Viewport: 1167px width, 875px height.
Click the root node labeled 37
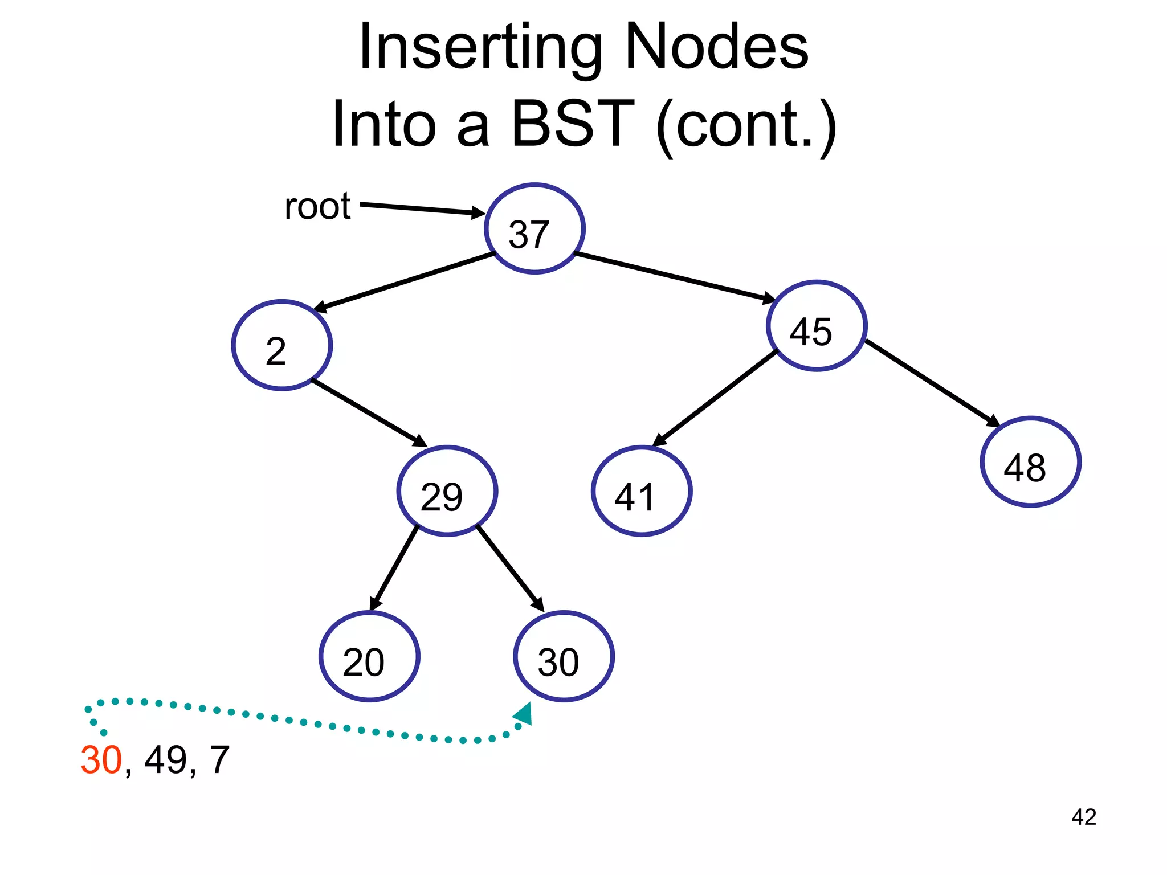click(x=534, y=228)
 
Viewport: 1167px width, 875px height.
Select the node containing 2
click(x=282, y=345)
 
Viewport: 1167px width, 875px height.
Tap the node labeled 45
click(x=817, y=326)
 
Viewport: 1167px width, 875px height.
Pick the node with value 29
click(x=447, y=491)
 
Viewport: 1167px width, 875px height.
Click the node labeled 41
click(x=642, y=491)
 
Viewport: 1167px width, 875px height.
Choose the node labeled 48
click(x=1030, y=462)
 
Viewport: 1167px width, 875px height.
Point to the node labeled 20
click(x=369, y=656)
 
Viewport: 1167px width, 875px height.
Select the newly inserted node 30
click(x=564, y=656)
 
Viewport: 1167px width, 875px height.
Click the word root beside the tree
click(x=317, y=206)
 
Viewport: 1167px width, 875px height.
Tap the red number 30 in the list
click(x=101, y=760)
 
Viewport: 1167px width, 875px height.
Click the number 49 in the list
click(x=166, y=760)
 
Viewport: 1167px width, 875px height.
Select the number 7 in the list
click(x=220, y=760)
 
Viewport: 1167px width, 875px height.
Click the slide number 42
click(x=1083, y=817)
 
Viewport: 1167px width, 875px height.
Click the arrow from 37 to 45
click(x=675, y=277)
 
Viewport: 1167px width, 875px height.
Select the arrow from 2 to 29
click(x=369, y=413)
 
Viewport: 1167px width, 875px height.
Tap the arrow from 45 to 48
click(x=933, y=383)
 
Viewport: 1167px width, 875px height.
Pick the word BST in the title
click(x=572, y=124)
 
